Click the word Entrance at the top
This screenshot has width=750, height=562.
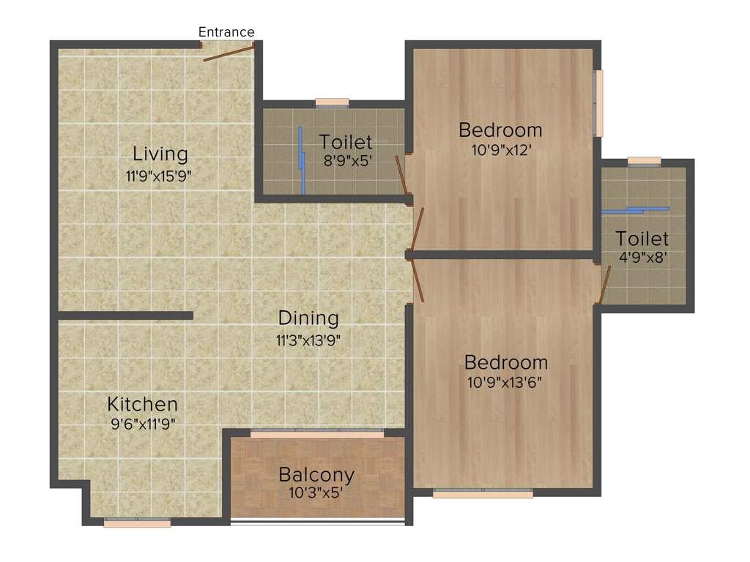pos(226,32)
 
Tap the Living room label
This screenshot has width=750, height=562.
pos(160,154)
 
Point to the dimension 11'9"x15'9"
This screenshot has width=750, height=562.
pos(160,176)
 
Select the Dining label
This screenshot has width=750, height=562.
pos(308,318)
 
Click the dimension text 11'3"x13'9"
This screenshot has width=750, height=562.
pos(308,340)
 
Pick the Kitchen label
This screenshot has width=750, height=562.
pos(142,404)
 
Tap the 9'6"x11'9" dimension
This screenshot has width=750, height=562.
pos(142,423)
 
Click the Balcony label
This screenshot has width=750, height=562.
pos(316,474)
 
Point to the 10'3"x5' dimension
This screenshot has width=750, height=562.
pos(316,493)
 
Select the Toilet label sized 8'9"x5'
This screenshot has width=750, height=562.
pos(346,141)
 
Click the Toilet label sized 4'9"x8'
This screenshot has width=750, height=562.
pos(642,239)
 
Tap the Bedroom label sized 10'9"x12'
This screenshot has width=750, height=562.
pos(500,130)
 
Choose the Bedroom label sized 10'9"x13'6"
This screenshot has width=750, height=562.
pos(506,362)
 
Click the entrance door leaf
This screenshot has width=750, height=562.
pos(229,52)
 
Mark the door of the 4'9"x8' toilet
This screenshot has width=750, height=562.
pos(605,285)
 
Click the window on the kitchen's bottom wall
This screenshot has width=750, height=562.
pos(137,522)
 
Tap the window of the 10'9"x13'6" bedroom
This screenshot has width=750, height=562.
pos(483,494)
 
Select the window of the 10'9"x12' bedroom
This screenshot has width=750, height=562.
pos(598,103)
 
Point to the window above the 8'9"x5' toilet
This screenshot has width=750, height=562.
pos(332,102)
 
